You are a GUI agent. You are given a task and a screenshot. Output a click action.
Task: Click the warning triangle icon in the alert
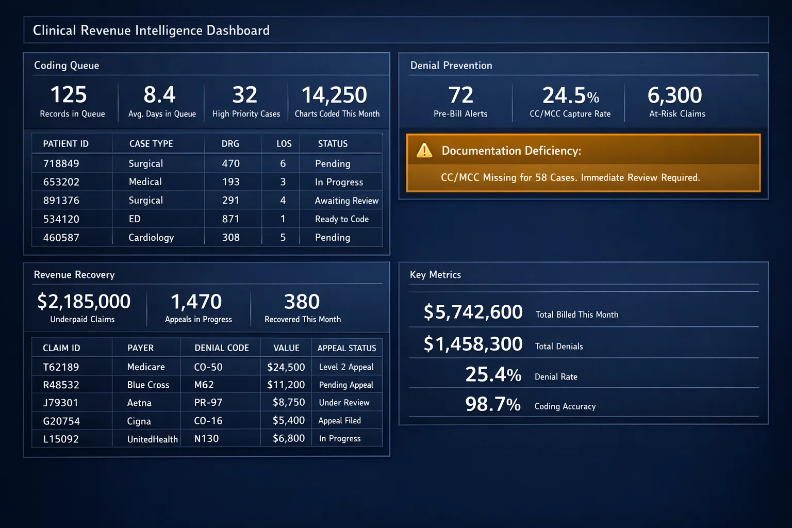424,151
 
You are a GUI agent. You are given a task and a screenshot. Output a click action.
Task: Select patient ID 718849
61,163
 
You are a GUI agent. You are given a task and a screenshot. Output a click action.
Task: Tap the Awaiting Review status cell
346,201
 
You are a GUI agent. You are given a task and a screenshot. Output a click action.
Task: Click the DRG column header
230,144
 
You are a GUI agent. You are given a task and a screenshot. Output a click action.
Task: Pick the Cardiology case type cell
151,238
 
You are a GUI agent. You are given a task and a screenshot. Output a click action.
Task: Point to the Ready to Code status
341,219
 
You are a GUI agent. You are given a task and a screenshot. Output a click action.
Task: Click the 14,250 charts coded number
334,95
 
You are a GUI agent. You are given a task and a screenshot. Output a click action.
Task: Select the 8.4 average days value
159,95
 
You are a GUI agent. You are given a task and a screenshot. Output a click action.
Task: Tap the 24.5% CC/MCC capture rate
570,96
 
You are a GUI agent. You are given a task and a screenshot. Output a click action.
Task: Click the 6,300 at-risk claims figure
674,95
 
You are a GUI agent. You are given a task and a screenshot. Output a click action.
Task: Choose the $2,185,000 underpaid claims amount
84,302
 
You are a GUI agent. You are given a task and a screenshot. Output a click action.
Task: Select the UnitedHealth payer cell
152,439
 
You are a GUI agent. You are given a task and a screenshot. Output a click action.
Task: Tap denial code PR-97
208,403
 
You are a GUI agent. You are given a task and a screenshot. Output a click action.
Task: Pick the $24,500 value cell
286,367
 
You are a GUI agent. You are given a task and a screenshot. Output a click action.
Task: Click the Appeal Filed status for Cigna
339,421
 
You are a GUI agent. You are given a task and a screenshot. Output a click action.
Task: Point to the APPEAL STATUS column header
346,348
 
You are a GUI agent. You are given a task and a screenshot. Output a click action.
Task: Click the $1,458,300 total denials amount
473,344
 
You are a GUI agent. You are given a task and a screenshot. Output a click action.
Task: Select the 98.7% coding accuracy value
492,404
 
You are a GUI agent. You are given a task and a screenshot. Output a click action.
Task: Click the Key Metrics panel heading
435,275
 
